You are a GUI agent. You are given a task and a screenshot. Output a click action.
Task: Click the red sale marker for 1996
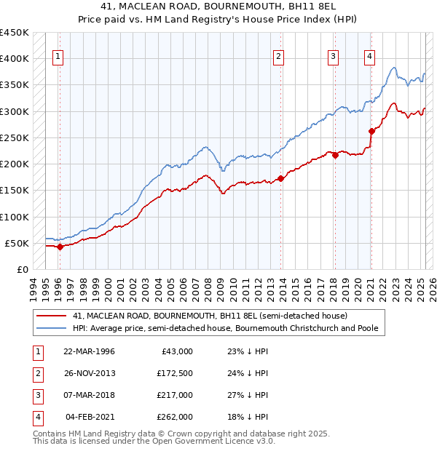[60, 247]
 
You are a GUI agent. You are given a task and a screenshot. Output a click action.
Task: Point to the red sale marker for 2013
[280, 178]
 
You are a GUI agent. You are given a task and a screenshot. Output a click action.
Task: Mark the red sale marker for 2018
[334, 155]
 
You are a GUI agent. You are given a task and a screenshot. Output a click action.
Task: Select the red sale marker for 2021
[371, 131]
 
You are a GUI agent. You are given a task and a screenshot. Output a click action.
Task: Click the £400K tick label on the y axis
[15, 59]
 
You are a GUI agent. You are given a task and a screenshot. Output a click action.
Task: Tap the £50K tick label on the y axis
[17, 243]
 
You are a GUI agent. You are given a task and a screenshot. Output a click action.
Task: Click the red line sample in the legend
[52, 316]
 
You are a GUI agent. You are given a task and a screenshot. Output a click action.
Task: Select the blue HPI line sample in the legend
[52, 329]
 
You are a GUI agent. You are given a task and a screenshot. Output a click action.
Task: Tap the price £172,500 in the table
[174, 372]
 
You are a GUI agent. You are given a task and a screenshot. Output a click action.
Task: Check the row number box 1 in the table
[36, 351]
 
